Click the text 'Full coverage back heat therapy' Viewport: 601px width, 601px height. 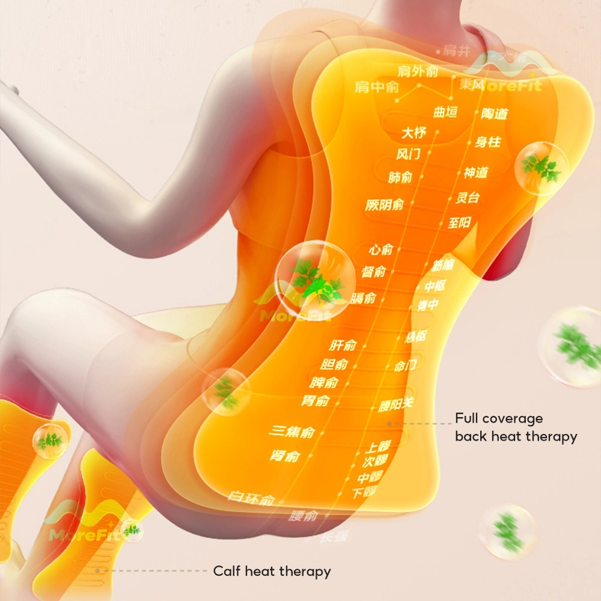(x=516, y=427)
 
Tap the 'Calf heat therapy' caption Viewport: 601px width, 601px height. (x=272, y=571)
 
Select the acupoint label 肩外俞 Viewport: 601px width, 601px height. (x=418, y=72)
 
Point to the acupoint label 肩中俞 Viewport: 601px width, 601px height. (x=377, y=87)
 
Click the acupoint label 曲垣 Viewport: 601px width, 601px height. (x=445, y=112)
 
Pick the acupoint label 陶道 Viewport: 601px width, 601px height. (x=494, y=114)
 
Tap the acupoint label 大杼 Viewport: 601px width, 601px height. (x=413, y=132)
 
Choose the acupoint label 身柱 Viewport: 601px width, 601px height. (x=487, y=142)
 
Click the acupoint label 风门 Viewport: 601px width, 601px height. (x=408, y=154)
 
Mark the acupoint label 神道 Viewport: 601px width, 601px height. (x=475, y=173)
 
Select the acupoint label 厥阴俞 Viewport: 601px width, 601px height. (x=385, y=205)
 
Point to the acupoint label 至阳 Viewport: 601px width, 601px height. (x=459, y=224)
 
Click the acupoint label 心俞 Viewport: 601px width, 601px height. (x=381, y=249)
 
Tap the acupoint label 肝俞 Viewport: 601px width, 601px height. (x=343, y=345)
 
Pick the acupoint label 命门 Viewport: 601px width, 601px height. (x=405, y=365)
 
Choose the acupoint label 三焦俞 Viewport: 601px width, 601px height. (x=292, y=432)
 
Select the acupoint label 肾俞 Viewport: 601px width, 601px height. (x=285, y=456)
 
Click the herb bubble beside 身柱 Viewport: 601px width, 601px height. (x=542, y=168)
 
